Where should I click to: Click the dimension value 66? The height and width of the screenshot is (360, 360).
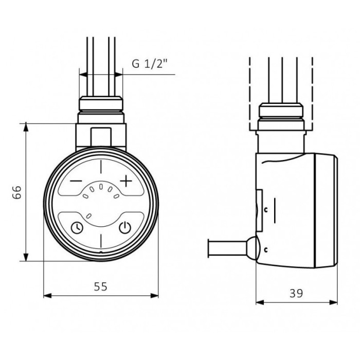[17, 192]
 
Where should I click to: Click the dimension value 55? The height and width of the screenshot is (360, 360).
[101, 286]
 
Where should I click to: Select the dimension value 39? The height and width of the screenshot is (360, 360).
[296, 293]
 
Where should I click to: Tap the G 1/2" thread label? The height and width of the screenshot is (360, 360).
[149, 64]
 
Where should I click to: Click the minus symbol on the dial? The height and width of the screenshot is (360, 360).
[76, 181]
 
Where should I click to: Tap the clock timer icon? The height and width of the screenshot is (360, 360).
[77, 227]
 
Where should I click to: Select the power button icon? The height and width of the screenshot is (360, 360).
[125, 227]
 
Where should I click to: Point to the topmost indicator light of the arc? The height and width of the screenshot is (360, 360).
[101, 187]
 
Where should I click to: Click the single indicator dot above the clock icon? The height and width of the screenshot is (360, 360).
[88, 216]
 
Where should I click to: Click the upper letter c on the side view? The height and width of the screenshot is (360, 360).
[266, 210]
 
